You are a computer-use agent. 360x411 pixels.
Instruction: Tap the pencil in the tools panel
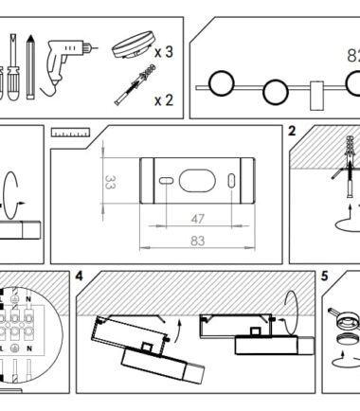(x=30, y=67)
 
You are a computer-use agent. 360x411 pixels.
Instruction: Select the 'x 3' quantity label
(x=164, y=52)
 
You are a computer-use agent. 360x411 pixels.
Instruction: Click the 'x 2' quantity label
(x=164, y=100)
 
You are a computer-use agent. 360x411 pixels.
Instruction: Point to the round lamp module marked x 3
(x=134, y=45)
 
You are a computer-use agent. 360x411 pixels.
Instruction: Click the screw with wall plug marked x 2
(x=135, y=84)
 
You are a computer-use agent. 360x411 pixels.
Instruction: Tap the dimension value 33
(x=110, y=182)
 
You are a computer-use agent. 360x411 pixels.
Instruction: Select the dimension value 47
(x=198, y=219)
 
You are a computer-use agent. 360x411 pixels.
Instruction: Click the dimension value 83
(x=198, y=241)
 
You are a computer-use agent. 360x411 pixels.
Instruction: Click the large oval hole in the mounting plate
(x=197, y=181)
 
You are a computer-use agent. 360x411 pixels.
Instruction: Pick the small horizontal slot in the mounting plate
(x=166, y=181)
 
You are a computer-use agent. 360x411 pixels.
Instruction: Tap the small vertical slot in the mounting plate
(x=231, y=181)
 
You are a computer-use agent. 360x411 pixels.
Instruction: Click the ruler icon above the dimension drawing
(x=71, y=133)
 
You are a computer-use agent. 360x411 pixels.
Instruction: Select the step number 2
(x=292, y=131)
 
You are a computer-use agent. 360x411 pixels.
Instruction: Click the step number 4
(x=79, y=277)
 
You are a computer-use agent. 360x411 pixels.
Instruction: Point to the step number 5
(x=325, y=277)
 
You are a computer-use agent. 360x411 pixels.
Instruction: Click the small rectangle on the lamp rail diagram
(x=316, y=96)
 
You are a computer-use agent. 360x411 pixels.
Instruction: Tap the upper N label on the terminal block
(x=28, y=298)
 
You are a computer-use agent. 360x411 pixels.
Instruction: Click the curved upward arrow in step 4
(x=178, y=330)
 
